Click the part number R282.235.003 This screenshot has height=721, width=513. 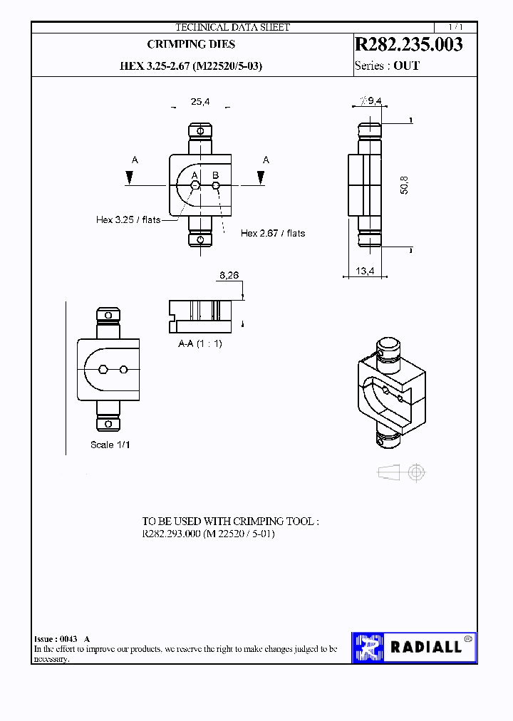pyautogui.click(x=408, y=44)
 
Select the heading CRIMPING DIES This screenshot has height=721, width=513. pyautogui.click(x=191, y=44)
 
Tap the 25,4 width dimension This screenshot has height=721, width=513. pyautogui.click(x=200, y=102)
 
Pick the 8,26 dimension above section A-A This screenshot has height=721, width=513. pyautogui.click(x=229, y=275)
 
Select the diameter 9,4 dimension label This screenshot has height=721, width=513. pyautogui.click(x=371, y=101)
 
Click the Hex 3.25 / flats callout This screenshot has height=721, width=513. pyautogui.click(x=128, y=220)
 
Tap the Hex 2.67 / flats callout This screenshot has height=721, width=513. pyautogui.click(x=272, y=233)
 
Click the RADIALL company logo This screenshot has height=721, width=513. pyautogui.click(x=414, y=648)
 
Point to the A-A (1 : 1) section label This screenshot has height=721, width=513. pyautogui.click(x=200, y=343)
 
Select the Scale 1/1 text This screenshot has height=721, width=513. pyautogui.click(x=110, y=445)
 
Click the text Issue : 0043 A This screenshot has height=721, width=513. pyautogui.click(x=62, y=639)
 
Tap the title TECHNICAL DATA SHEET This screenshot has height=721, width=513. pyautogui.click(x=232, y=27)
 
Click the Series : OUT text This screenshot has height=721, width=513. pyautogui.click(x=387, y=66)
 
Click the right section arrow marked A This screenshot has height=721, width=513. pyautogui.click(x=264, y=177)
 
